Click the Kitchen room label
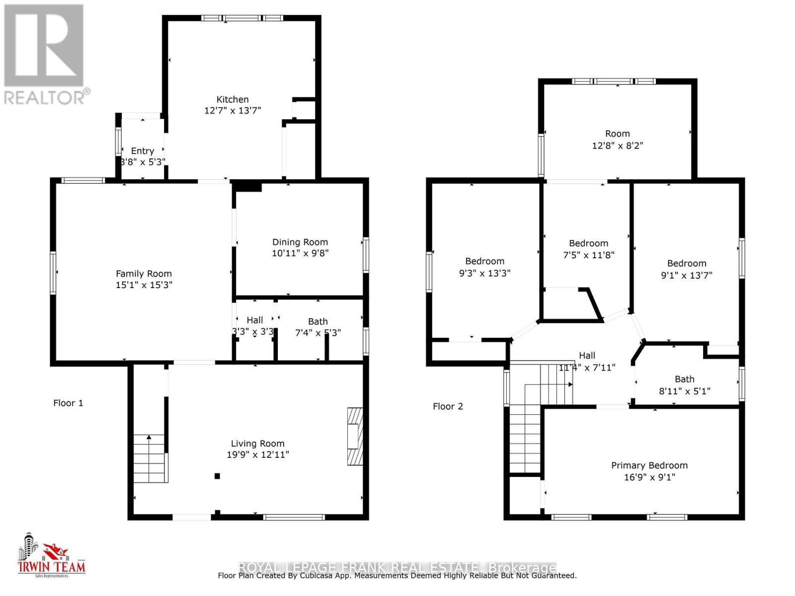tap(232, 99)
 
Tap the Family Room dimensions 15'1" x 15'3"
tap(144, 285)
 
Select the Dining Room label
tap(300, 242)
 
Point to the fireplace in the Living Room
tap(354, 436)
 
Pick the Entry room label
tap(142, 151)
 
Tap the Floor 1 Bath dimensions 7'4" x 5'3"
tap(318, 333)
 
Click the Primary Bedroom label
tap(649, 465)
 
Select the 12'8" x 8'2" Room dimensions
tap(617, 146)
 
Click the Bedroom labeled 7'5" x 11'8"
tap(588, 243)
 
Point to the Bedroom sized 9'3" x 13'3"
tap(484, 261)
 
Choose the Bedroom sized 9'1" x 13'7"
tap(686, 264)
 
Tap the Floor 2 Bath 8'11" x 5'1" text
tap(684, 391)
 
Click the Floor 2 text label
tap(447, 406)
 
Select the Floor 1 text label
tap(68, 403)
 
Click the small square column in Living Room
tap(217, 476)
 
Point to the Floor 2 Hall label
tap(587, 356)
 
